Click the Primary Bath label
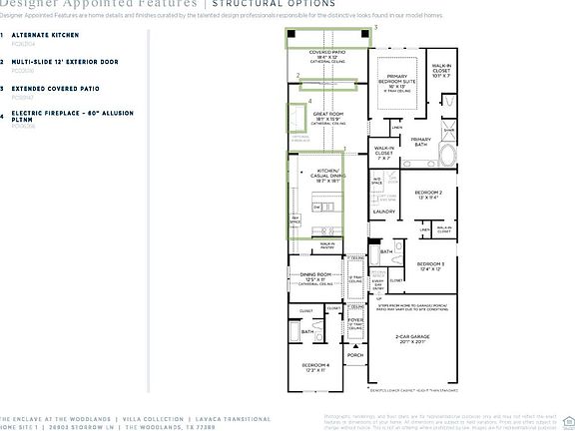tap(420, 141)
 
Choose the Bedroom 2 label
tap(428, 193)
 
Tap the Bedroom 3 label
tap(429, 266)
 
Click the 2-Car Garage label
tap(411, 339)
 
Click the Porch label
tap(354, 355)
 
